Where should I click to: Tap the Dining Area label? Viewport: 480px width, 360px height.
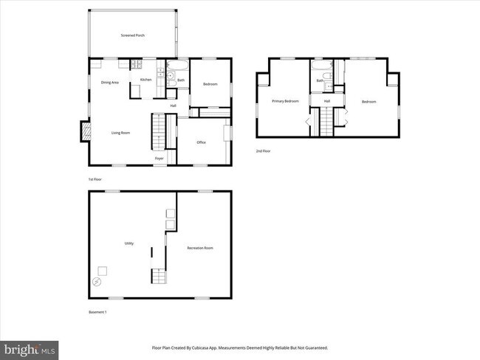pyautogui.click(x=110, y=83)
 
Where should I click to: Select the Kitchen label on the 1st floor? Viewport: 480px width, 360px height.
pyautogui.click(x=145, y=80)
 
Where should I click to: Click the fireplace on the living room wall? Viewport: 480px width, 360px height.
pyautogui.click(x=86, y=132)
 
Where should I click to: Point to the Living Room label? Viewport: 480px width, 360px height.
pyautogui.click(x=120, y=133)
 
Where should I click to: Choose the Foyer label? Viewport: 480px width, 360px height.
pyautogui.click(x=159, y=159)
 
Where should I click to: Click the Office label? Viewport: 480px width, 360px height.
pyautogui.click(x=201, y=142)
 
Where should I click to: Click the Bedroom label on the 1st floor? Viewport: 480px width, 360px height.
pyautogui.click(x=210, y=84)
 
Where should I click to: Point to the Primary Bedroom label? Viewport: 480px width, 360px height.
pyautogui.click(x=285, y=101)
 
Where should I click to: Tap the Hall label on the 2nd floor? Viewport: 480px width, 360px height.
pyautogui.click(x=326, y=101)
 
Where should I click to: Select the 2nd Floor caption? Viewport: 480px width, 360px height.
pyautogui.click(x=264, y=150)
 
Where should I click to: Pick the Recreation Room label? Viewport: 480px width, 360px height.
pyautogui.click(x=199, y=248)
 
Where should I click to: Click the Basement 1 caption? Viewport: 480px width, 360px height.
pyautogui.click(x=98, y=312)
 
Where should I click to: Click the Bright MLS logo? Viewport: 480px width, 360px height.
pyautogui.click(x=30, y=347)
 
